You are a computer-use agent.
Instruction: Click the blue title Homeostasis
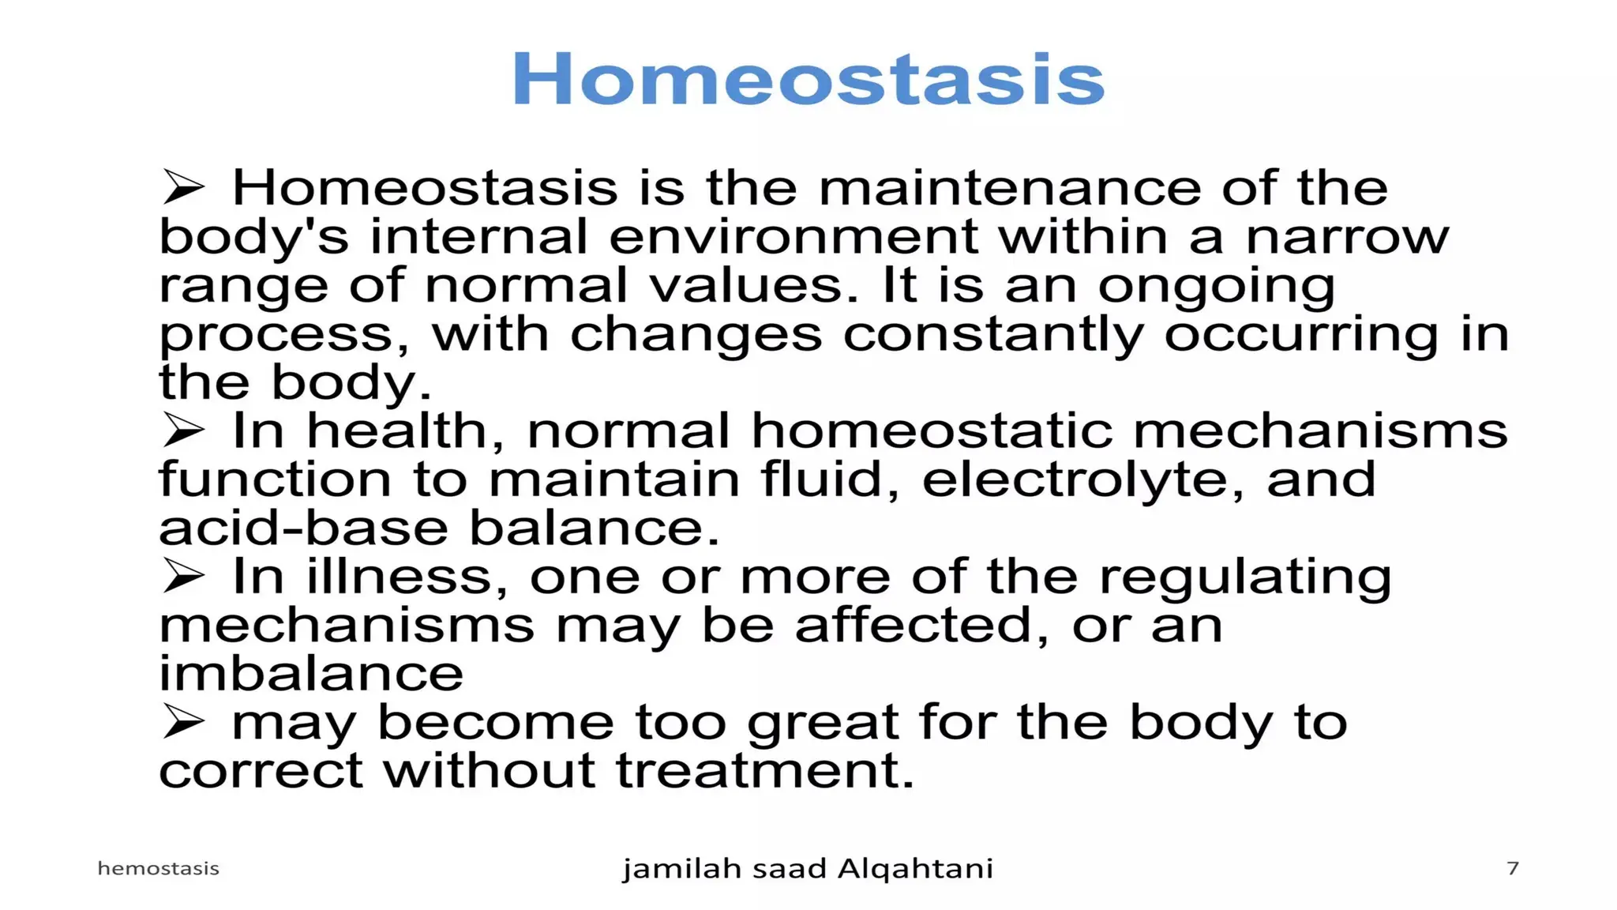808,78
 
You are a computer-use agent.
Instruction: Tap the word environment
793,237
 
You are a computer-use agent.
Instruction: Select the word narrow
1347,237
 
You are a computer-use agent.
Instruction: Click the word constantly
992,335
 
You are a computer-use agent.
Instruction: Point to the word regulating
1245,578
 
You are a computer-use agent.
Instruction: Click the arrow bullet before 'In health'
183,431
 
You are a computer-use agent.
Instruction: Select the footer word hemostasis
158,868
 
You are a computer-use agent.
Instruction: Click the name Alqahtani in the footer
914,869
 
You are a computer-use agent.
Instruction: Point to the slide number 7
1512,868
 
